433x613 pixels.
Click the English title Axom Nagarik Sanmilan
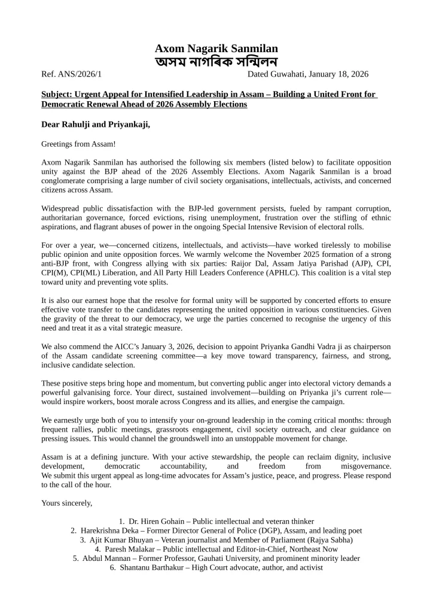[x=216, y=49]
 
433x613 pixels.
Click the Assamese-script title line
[x=216, y=62]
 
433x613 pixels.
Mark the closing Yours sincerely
[x=67, y=503]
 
